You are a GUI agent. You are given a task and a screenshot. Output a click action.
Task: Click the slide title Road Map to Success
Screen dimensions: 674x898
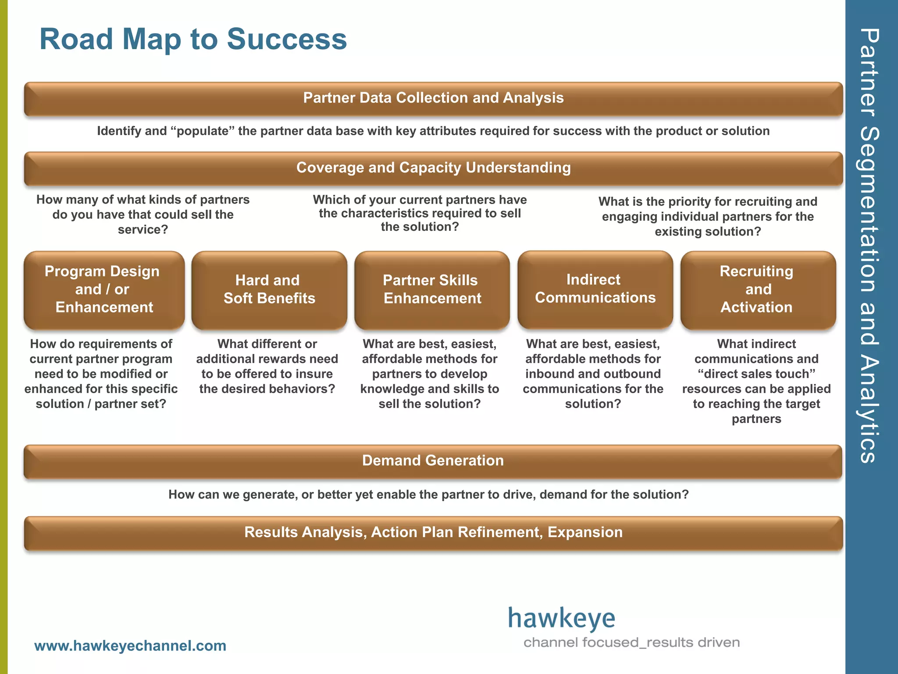(x=193, y=39)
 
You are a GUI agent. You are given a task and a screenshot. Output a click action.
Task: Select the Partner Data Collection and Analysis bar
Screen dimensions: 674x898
(x=433, y=98)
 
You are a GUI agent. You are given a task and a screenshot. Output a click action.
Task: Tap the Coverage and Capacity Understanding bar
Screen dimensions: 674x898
(x=433, y=168)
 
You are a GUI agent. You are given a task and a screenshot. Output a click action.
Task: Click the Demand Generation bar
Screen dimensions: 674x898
(x=433, y=461)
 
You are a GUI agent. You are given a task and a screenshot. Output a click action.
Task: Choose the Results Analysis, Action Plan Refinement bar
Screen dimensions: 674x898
(x=433, y=533)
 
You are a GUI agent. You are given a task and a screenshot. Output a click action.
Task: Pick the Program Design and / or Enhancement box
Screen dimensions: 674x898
(x=104, y=290)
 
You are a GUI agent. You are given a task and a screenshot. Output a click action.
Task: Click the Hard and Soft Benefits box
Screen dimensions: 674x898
(x=269, y=290)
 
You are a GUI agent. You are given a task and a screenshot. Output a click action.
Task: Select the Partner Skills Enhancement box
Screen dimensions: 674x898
(x=432, y=290)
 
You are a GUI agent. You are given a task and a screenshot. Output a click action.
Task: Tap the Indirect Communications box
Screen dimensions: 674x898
(x=595, y=289)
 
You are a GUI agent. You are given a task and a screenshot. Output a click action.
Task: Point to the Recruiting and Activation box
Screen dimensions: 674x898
(x=758, y=290)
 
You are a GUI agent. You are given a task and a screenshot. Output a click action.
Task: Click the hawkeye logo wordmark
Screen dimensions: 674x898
(x=562, y=619)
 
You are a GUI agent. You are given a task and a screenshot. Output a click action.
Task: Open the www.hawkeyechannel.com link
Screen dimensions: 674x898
(x=130, y=646)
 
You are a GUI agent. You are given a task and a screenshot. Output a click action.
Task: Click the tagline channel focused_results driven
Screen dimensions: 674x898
(x=631, y=643)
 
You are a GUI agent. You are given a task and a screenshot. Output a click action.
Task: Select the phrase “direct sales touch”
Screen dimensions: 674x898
(x=756, y=374)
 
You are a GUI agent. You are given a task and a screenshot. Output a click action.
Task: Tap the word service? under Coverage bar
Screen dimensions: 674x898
(x=143, y=229)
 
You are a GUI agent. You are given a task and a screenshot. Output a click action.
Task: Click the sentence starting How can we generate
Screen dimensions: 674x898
(x=428, y=495)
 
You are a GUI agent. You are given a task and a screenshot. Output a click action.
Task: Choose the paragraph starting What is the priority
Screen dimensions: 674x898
(x=708, y=217)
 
